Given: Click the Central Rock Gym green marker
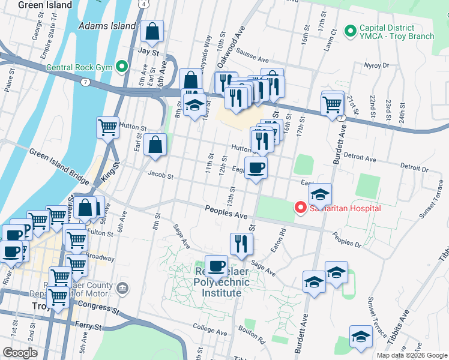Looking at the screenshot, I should tap(123, 66).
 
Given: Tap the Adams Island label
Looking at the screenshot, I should tap(107, 26).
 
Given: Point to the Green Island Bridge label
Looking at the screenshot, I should tap(56, 158).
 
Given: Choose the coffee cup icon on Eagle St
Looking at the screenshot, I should tap(256, 168).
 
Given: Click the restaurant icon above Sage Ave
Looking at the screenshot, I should tap(241, 243).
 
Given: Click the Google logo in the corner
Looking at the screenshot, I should tap(20, 353).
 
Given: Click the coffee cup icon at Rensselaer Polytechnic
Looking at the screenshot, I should tap(216, 265).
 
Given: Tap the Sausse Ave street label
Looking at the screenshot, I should tap(255, 59).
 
